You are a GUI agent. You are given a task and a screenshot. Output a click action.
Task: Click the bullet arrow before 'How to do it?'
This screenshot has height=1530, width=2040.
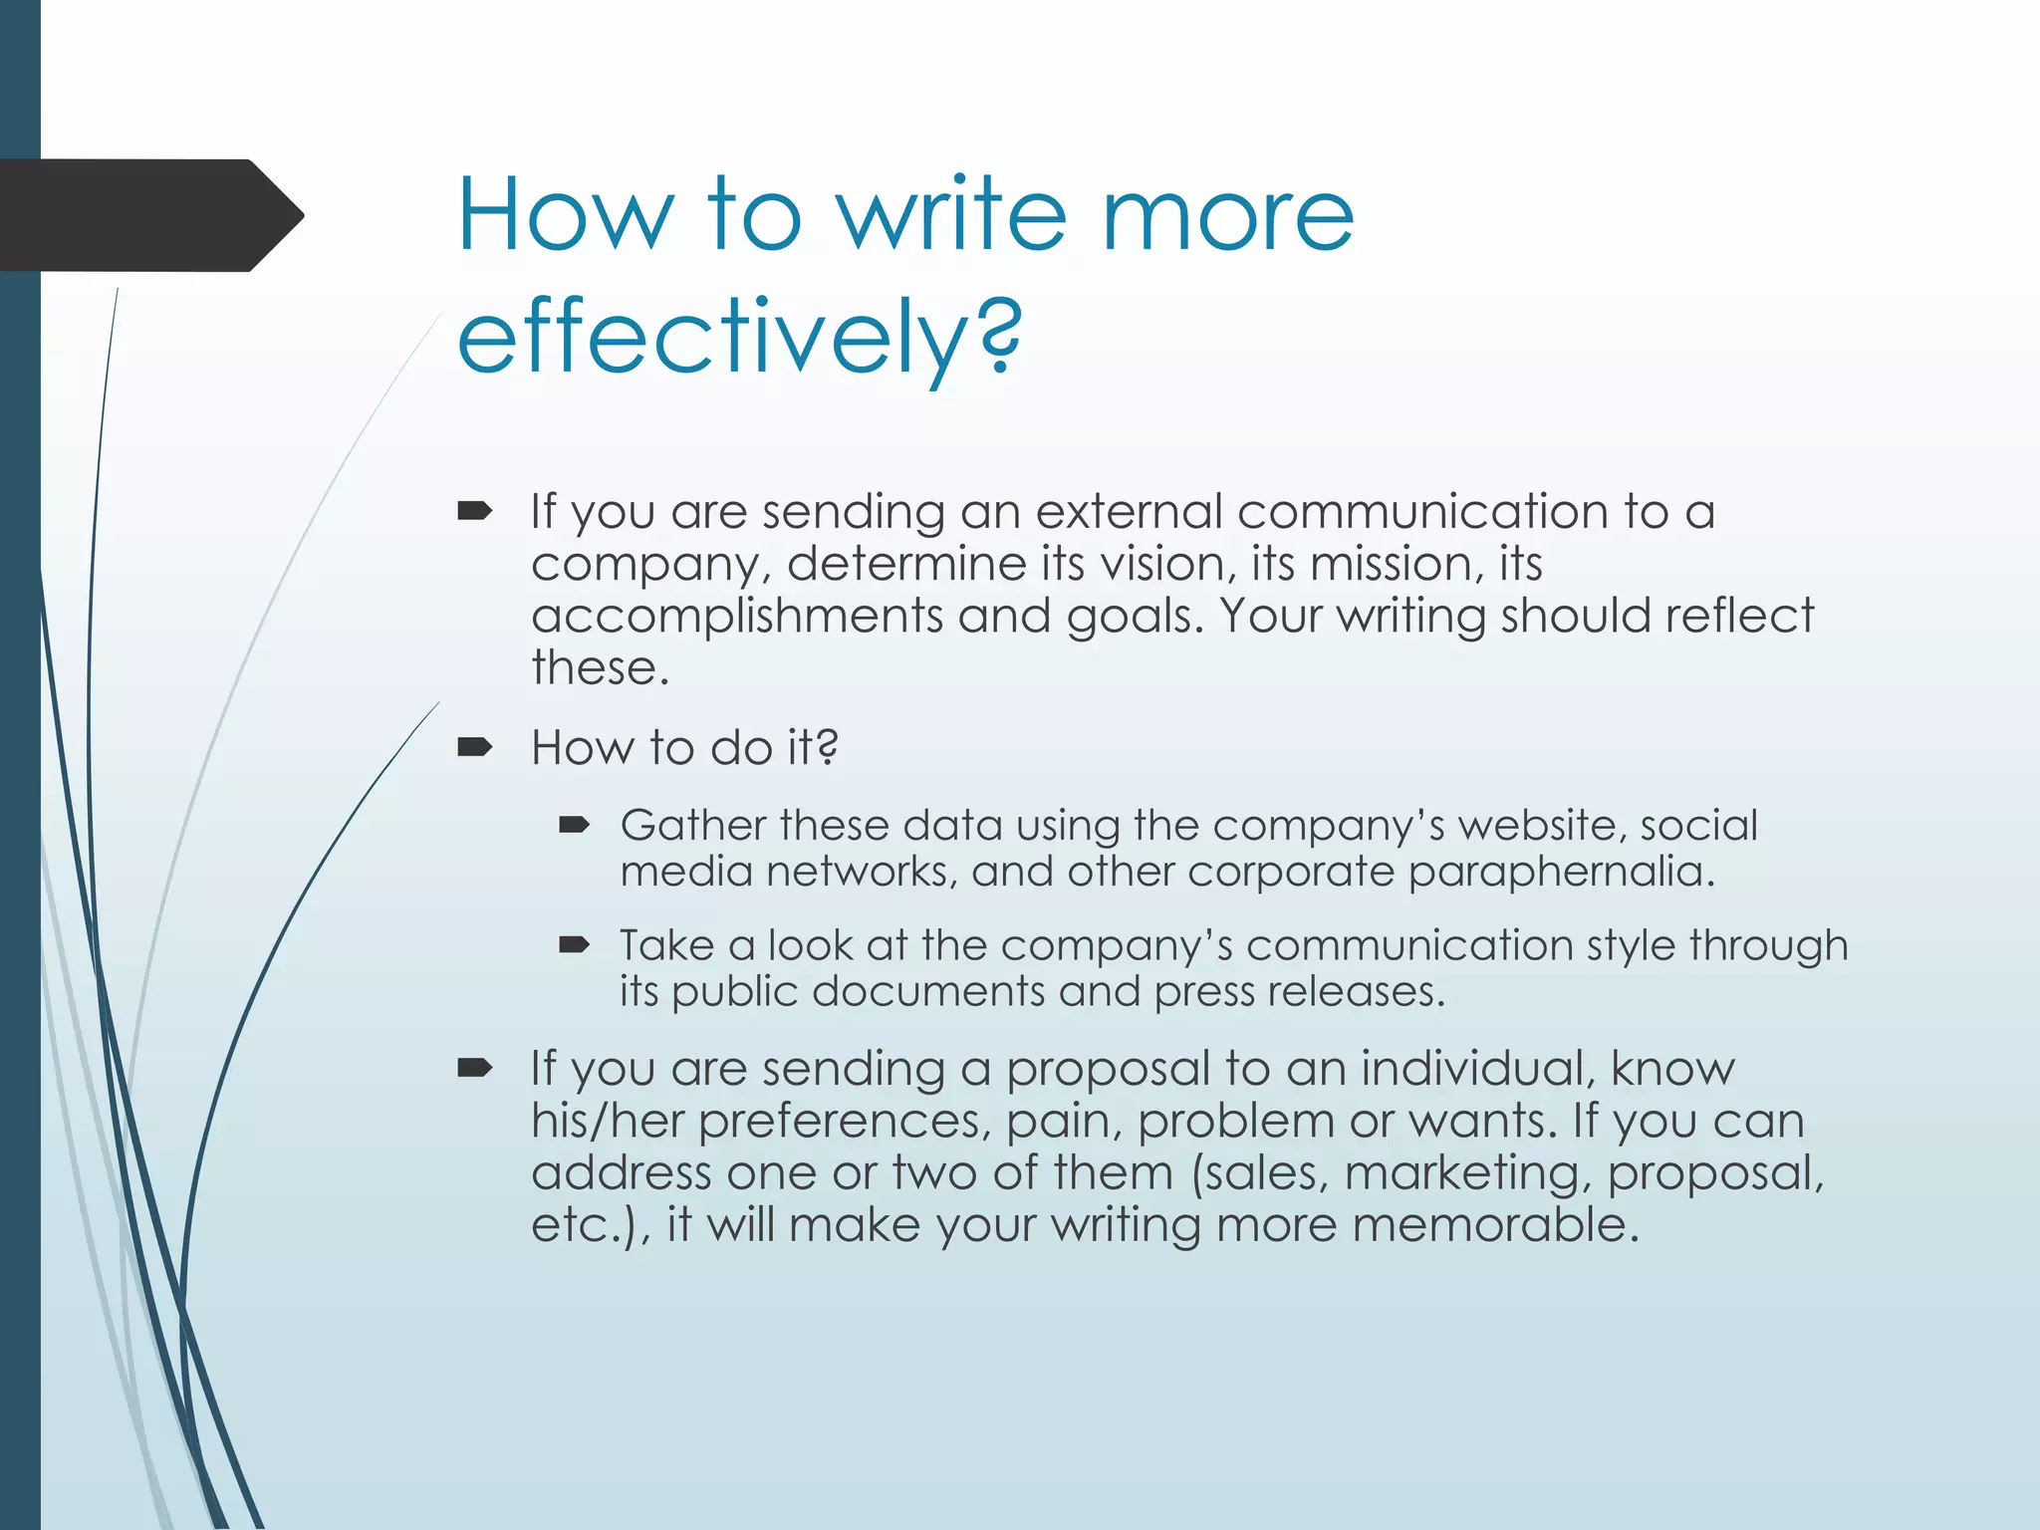[474, 747]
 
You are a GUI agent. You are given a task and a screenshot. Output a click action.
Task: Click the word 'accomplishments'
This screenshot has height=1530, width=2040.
[736, 616]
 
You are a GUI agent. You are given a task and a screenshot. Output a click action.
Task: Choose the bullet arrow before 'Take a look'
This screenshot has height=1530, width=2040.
[575, 944]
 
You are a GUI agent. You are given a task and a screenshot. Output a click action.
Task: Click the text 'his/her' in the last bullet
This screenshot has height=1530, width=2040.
[607, 1121]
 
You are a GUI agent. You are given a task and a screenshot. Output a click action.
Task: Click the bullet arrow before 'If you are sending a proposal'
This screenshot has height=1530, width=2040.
[474, 1069]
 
